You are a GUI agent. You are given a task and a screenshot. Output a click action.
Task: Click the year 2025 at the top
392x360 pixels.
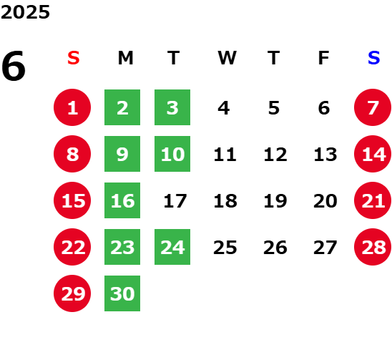tap(25, 12)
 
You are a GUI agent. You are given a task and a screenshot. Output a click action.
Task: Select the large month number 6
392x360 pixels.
tap(14, 66)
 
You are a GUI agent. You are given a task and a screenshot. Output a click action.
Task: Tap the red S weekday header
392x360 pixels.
tap(74, 58)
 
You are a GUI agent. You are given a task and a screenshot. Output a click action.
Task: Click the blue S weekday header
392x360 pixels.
tap(374, 58)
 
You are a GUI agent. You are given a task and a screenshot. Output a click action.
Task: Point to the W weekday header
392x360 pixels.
tap(227, 58)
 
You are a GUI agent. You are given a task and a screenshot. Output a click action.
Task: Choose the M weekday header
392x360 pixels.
tap(125, 58)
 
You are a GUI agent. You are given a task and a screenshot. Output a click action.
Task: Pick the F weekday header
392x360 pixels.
tap(324, 58)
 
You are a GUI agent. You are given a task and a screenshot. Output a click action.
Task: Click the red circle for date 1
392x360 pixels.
tap(72, 107)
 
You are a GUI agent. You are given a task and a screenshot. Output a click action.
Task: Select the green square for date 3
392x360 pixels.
tap(172, 107)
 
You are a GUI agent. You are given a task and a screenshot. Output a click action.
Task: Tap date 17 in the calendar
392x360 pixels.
tap(175, 200)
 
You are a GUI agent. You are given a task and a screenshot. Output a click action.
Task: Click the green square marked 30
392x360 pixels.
tap(122, 293)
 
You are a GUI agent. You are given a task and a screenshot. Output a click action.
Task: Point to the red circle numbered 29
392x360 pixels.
tap(72, 293)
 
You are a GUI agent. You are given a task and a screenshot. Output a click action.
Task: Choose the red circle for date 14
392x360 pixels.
tap(373, 154)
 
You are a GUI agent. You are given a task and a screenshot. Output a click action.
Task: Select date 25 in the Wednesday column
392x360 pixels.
tap(225, 248)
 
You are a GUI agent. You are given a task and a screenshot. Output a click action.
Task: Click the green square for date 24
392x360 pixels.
tap(172, 247)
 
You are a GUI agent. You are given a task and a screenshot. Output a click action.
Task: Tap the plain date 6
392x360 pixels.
tap(324, 108)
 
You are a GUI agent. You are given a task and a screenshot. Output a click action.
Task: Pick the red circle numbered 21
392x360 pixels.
tap(373, 200)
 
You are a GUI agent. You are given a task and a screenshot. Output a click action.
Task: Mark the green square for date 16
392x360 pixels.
tap(122, 200)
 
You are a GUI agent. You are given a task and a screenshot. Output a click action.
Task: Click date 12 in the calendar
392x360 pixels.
tap(275, 155)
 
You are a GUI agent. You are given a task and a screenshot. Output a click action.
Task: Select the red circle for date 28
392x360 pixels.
tap(373, 247)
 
